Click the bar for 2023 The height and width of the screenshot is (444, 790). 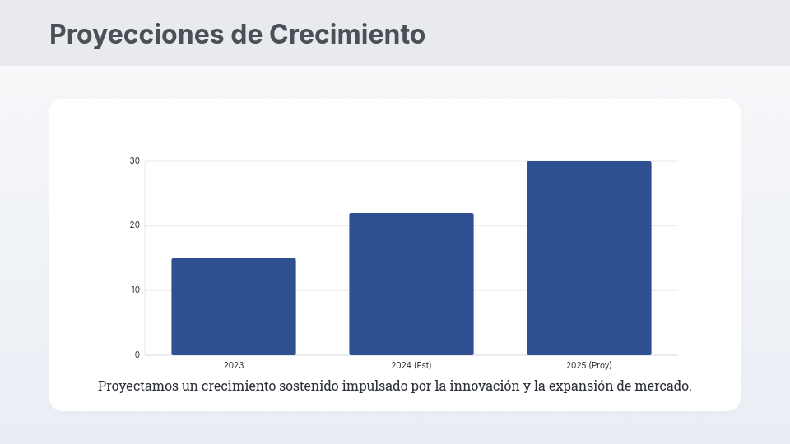pos(234,307)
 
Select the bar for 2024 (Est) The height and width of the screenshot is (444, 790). pos(411,284)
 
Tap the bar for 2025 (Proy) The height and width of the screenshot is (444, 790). pos(589,258)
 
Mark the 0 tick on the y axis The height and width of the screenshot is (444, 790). pos(137,355)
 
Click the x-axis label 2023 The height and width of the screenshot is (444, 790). pos(234,365)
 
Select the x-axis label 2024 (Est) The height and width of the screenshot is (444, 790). pos(411,365)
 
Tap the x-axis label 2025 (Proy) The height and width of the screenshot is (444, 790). pos(589,365)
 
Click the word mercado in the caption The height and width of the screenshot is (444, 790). pos(664,386)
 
